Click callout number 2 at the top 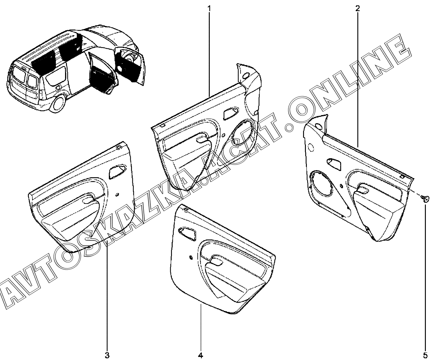[358, 9]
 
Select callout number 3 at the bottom [107, 355]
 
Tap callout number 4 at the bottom [201, 355]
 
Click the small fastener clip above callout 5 [425, 199]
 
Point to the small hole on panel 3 [117, 195]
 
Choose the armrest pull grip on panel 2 [362, 190]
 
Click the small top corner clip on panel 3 [119, 147]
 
